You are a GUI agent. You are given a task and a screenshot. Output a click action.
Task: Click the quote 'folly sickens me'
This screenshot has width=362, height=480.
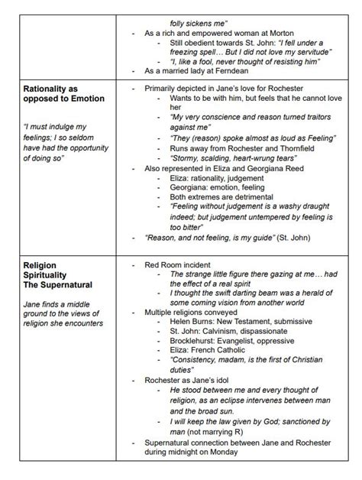point(199,22)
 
